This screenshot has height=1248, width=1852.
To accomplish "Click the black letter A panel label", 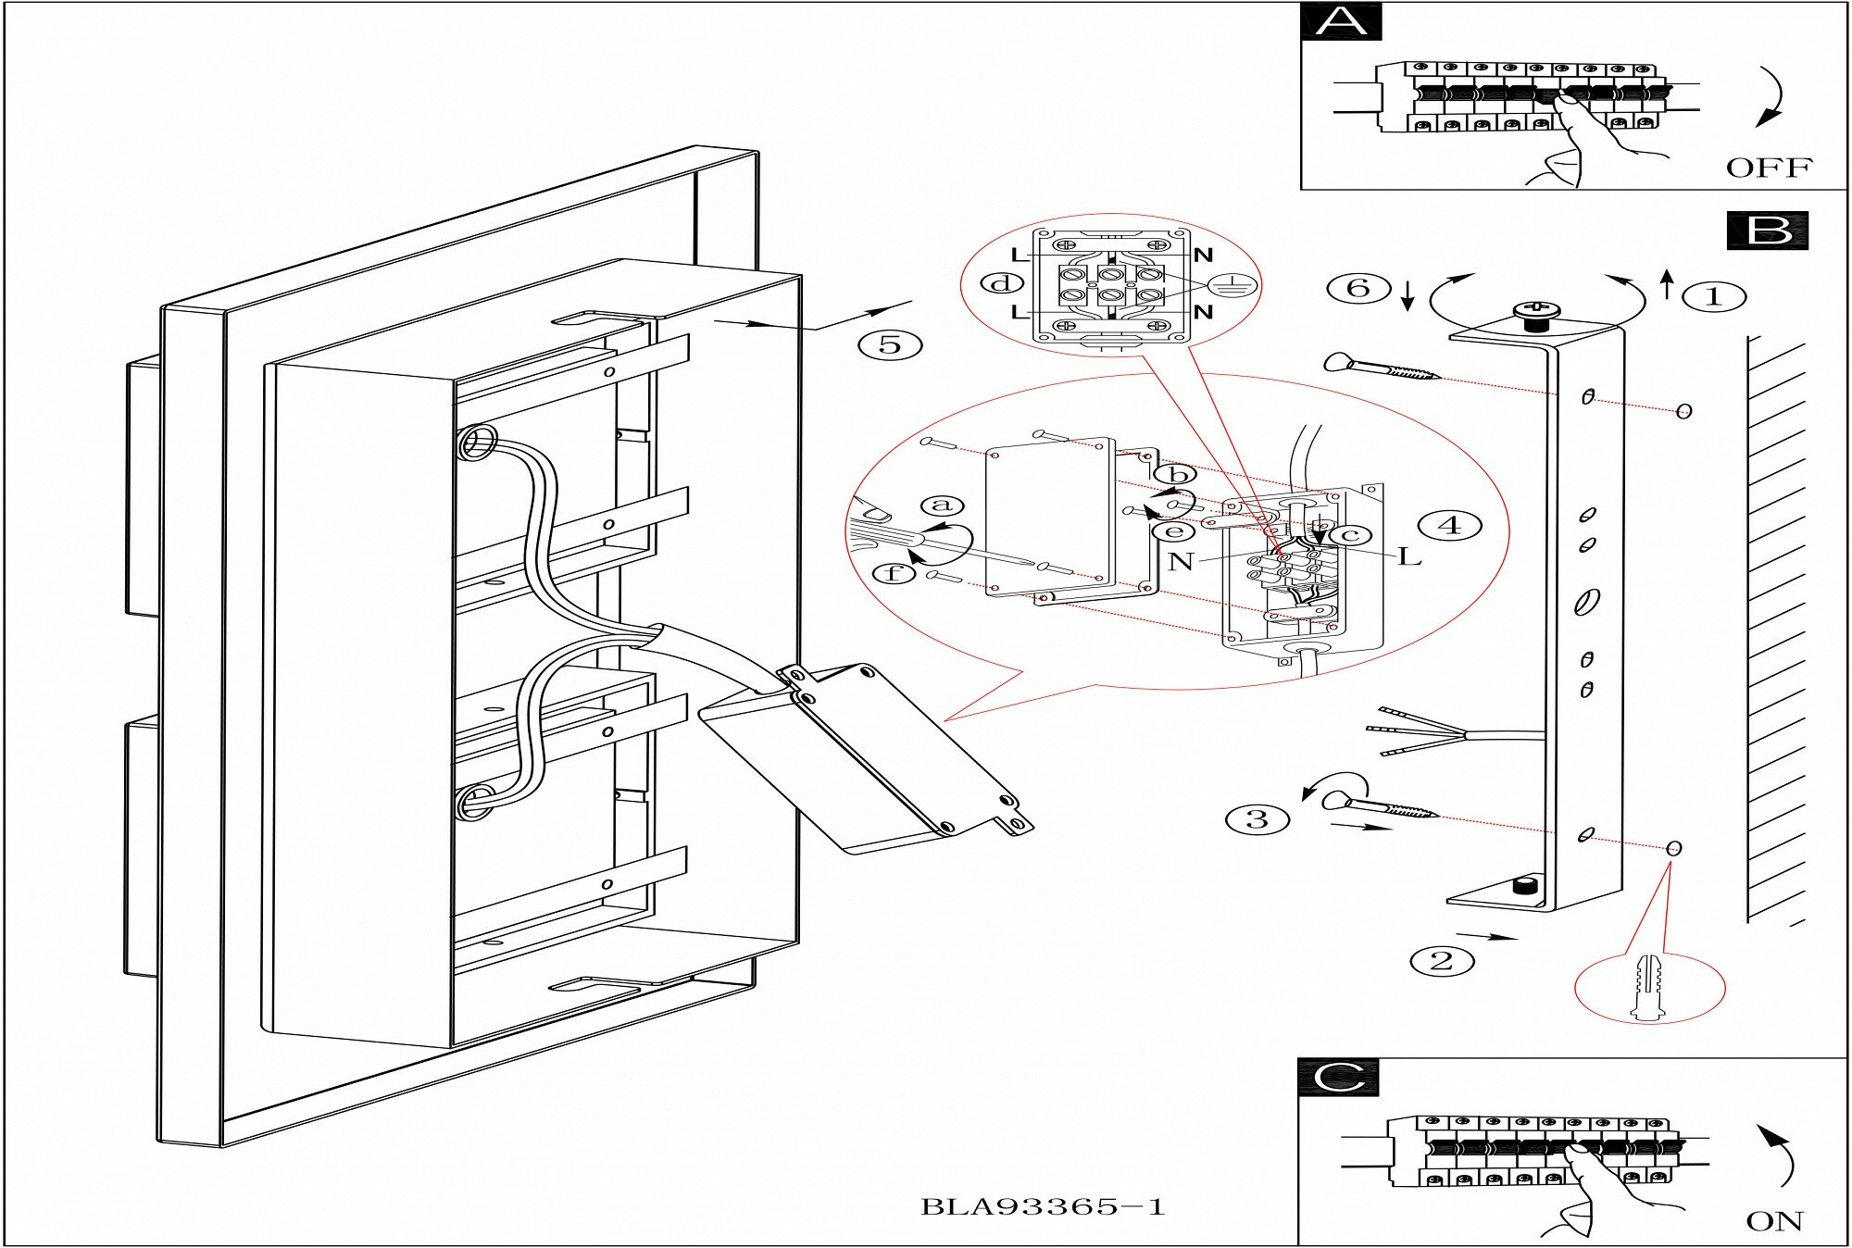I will (1340, 21).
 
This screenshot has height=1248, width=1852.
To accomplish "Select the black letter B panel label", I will (1767, 231).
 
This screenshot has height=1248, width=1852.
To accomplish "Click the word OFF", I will (1769, 168).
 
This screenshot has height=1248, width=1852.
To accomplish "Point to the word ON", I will (1774, 1221).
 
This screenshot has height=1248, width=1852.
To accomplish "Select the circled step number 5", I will (890, 345).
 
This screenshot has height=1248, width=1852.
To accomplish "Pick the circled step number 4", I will (1451, 526).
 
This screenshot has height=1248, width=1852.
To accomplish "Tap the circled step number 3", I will (1257, 819).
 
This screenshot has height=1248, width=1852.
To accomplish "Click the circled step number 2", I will (1442, 961).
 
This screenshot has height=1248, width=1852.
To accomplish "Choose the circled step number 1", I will (1713, 297).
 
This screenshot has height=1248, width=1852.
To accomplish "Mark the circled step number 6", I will (1358, 288).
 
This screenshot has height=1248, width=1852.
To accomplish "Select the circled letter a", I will (943, 505).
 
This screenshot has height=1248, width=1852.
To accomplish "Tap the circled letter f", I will (894, 574).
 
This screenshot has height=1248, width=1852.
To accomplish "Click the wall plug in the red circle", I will (1647, 987).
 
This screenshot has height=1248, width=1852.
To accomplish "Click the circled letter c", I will (1350, 535).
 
